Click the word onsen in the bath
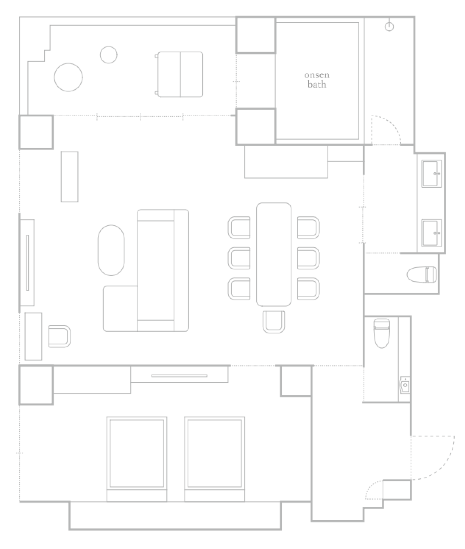click(317, 75)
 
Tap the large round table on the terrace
click(68, 77)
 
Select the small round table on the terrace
click(109, 55)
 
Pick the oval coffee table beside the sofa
click(111, 250)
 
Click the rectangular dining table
click(274, 254)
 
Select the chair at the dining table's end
click(274, 322)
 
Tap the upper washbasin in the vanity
click(431, 174)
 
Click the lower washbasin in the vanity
click(431, 233)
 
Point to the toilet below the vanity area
click(422, 275)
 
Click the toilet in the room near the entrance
click(382, 333)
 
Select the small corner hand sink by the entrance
click(405, 385)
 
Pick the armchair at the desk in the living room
click(60, 336)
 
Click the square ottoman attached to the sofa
click(120, 308)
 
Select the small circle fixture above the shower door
click(389, 27)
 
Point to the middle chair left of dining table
click(239, 258)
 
